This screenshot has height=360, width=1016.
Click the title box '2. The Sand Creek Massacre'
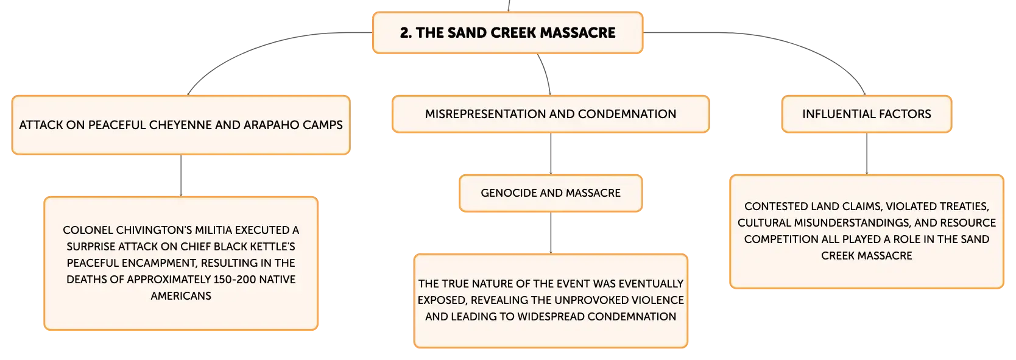(x=507, y=33)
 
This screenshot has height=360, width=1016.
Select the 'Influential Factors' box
(x=866, y=114)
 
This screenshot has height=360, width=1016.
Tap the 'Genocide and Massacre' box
(x=551, y=193)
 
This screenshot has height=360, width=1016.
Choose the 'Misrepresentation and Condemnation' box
(x=551, y=114)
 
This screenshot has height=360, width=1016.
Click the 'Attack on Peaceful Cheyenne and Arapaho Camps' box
(x=181, y=125)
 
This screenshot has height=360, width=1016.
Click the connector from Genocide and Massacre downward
(x=551, y=233)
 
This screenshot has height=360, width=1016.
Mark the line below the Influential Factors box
(x=866, y=154)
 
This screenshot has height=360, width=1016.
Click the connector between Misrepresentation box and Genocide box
(x=551, y=154)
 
